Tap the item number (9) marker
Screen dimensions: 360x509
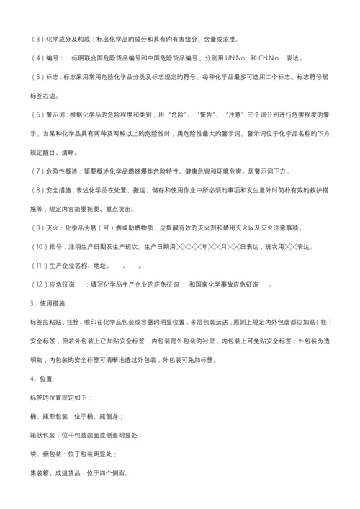click(x=37, y=228)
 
